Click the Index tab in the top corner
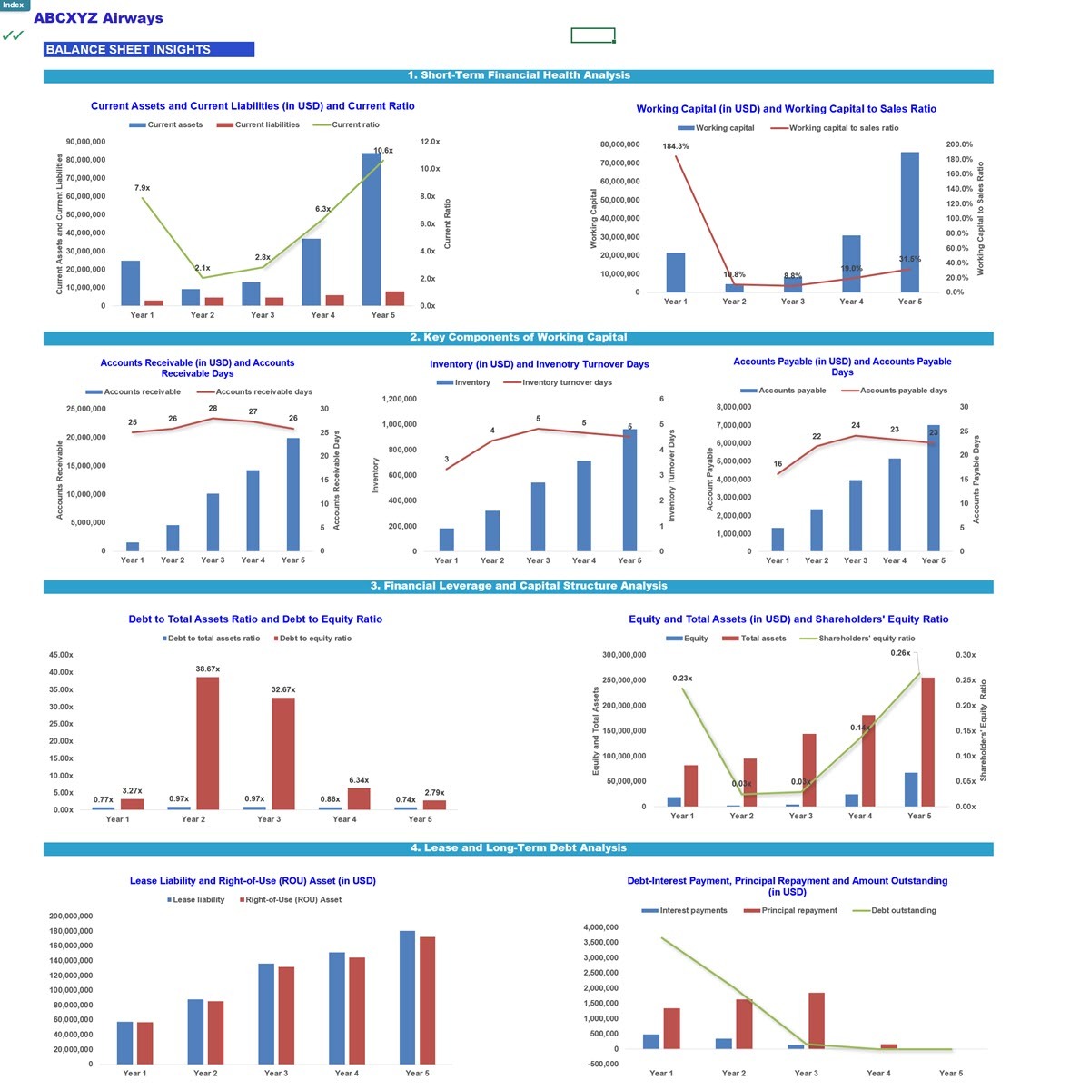[14, 5]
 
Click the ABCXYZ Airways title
[98, 18]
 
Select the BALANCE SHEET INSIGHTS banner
[148, 50]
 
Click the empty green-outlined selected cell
[592, 35]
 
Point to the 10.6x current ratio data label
[383, 151]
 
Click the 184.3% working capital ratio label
[675, 146]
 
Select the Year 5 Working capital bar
[909, 222]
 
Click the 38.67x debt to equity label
[207, 669]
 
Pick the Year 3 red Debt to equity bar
[282, 753]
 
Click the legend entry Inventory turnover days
[567, 382]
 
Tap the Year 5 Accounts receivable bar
[292, 494]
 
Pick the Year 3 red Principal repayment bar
[817, 1020]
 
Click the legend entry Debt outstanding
[903, 910]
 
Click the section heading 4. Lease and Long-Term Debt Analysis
[518, 848]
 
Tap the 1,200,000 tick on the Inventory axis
[399, 399]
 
